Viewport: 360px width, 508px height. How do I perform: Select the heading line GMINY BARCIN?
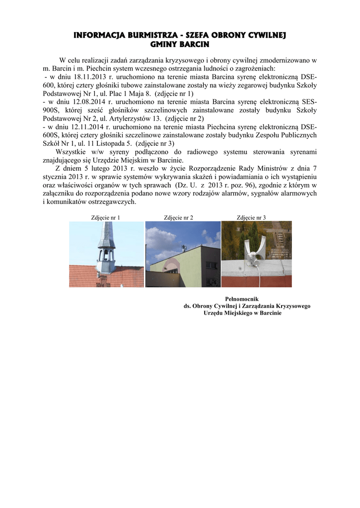tap(180, 44)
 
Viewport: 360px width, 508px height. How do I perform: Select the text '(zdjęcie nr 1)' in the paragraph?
tap(174, 93)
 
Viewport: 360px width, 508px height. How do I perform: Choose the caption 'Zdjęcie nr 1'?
tap(106, 217)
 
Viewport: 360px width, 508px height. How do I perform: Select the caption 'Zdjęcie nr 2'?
tap(179, 217)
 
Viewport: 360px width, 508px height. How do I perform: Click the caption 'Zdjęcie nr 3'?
tap(252, 217)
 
